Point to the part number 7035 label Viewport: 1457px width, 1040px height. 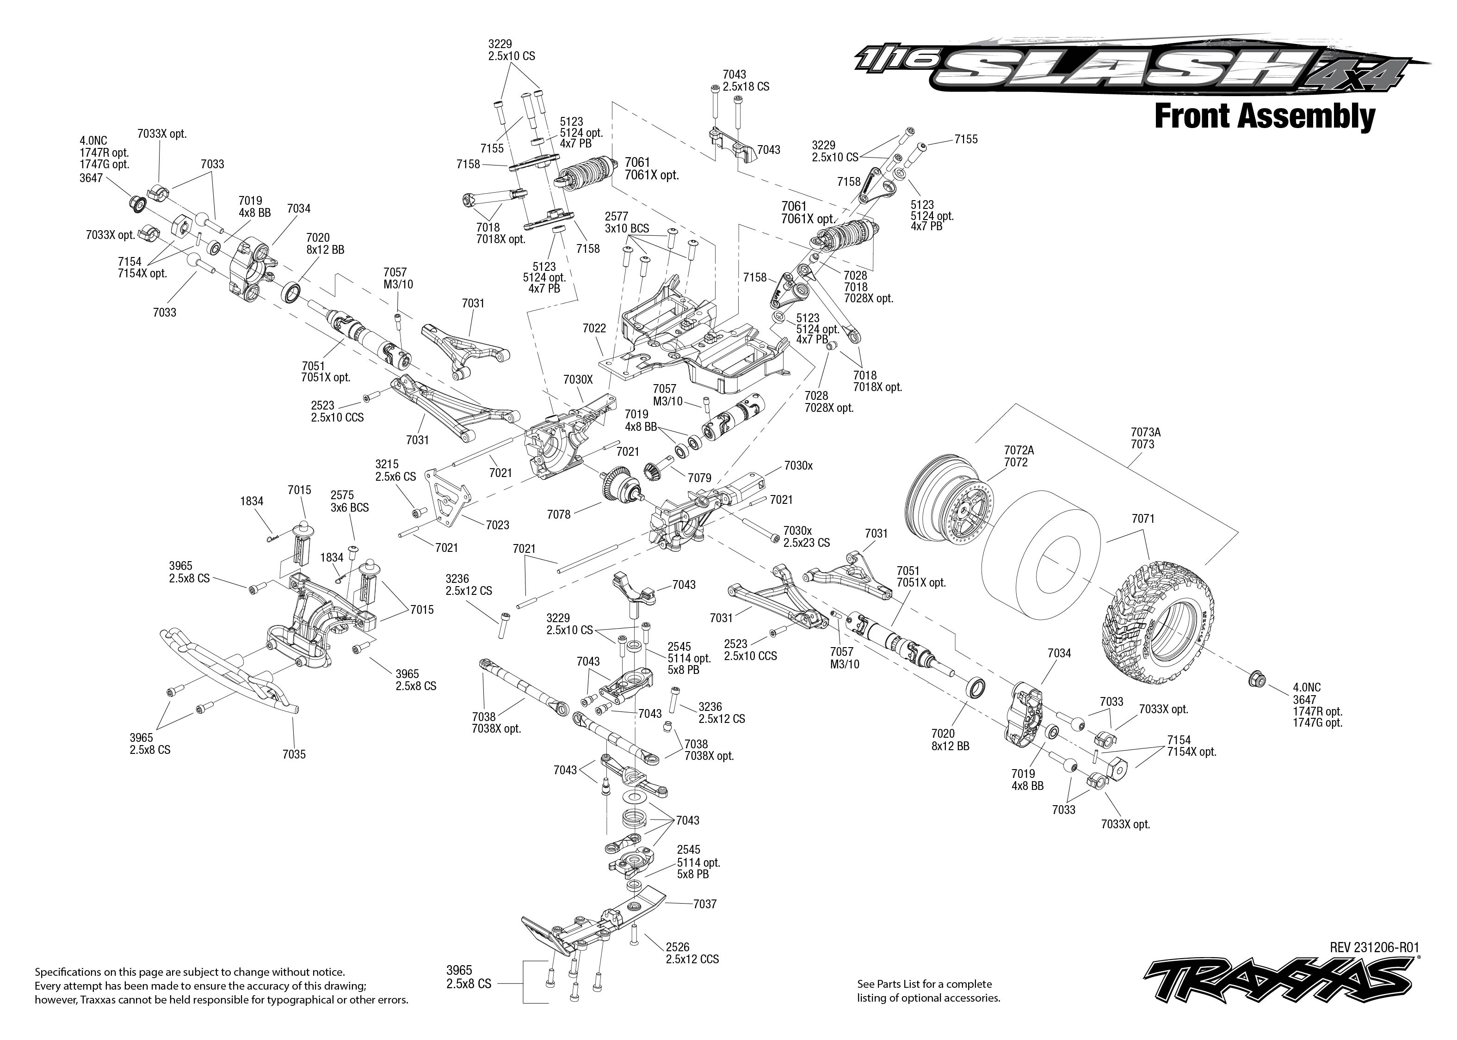(294, 754)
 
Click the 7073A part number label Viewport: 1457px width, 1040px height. (1145, 432)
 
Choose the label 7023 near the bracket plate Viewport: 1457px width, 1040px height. (497, 525)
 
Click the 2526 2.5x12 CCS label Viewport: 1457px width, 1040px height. (691, 953)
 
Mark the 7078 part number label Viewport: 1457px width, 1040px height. (559, 514)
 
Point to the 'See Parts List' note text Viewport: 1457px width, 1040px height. (928, 991)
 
